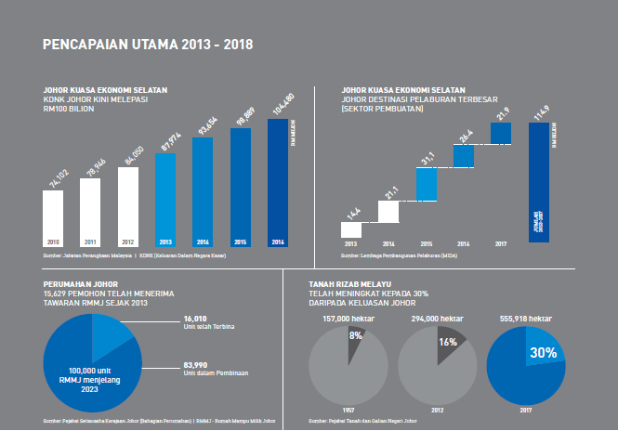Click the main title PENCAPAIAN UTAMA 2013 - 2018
click(148, 44)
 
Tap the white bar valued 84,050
click(132, 200)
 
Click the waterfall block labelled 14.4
click(352, 229)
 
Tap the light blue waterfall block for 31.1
click(427, 184)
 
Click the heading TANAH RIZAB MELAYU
click(348, 284)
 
